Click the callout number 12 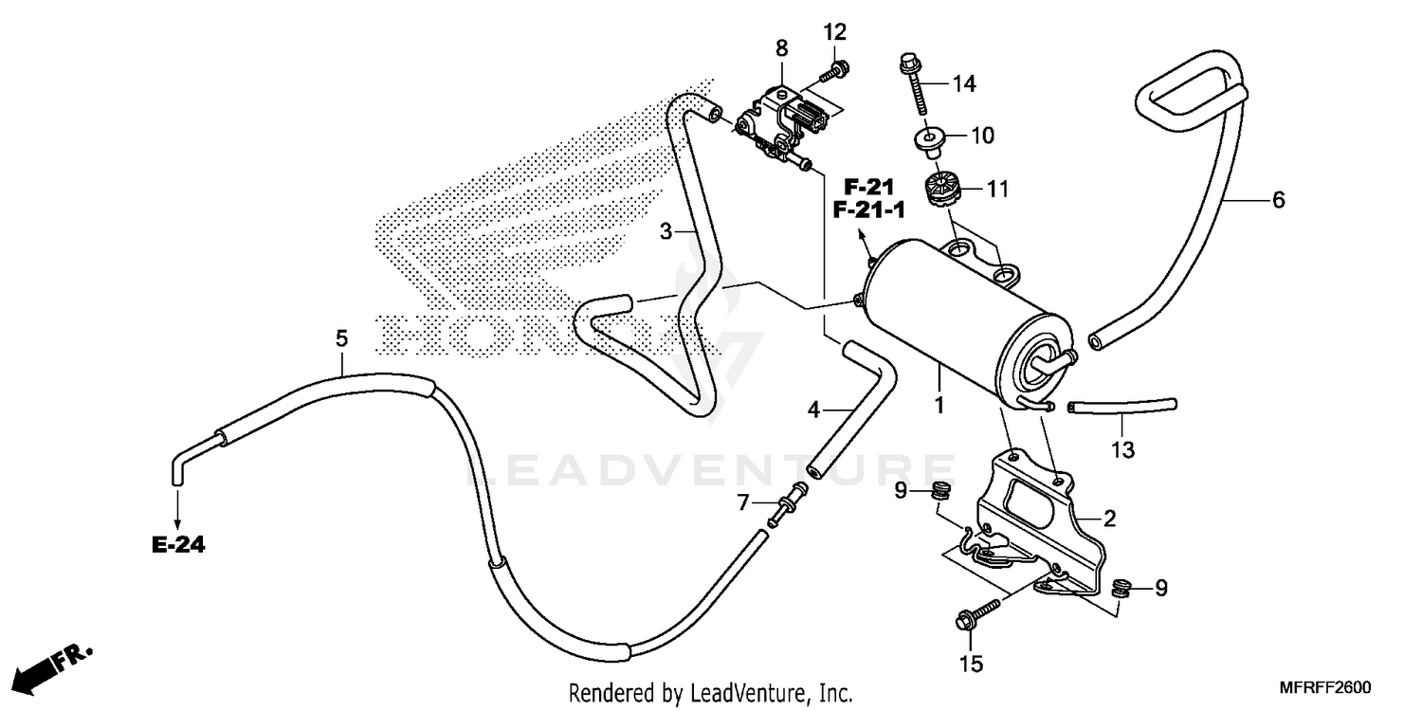[x=833, y=33]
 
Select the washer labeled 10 [x=928, y=139]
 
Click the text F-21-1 [x=868, y=210]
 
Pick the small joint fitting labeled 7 [x=790, y=501]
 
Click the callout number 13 [x=1122, y=449]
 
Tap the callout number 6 [x=1278, y=200]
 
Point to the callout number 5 [x=341, y=338]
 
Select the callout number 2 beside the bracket [x=1109, y=519]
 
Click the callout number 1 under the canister [x=939, y=405]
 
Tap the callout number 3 [x=667, y=230]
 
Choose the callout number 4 [x=813, y=410]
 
